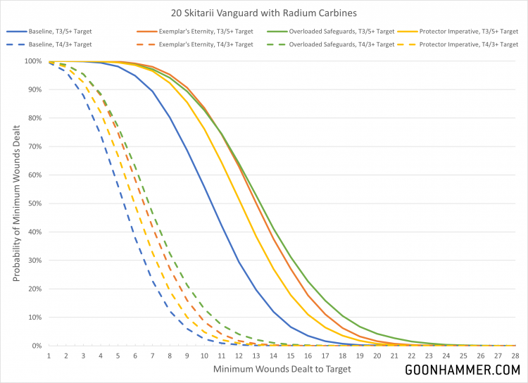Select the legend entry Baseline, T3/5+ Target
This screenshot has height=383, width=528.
point(71,32)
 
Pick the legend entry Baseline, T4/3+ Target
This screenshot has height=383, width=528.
point(71,44)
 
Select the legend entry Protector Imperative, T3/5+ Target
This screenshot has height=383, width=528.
point(465,32)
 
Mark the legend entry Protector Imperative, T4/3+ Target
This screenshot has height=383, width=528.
point(465,44)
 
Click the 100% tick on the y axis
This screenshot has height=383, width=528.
point(33,61)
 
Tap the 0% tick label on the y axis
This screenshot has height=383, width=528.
point(37,346)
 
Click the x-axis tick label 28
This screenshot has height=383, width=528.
point(515,356)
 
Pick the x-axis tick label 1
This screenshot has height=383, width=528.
point(49,356)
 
